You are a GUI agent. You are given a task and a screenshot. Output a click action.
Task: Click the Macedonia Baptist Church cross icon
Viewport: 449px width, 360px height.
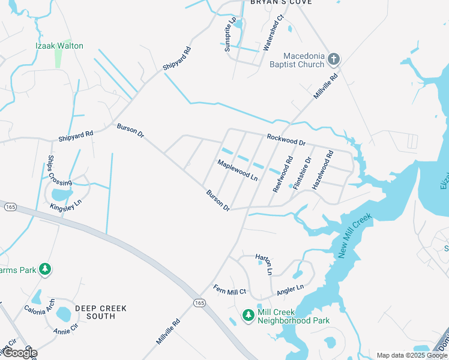334,59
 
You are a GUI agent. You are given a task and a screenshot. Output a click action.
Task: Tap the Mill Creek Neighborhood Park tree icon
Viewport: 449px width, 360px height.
249,315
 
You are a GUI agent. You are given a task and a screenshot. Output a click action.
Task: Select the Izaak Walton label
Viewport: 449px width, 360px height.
59,46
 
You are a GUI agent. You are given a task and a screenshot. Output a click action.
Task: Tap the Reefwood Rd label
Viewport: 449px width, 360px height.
283,174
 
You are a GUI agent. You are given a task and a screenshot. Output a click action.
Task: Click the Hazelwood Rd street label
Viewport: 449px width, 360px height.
322,171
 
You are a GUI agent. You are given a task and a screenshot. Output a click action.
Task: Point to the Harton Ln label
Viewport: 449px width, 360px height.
264,264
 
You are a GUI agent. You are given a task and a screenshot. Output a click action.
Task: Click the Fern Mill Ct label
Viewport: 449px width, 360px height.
230,292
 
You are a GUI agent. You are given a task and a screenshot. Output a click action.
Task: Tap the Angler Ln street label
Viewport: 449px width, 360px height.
290,290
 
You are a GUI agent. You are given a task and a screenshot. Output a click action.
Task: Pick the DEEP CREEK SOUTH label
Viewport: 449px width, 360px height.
101,312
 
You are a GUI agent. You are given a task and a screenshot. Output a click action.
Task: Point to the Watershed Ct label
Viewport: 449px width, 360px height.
274,35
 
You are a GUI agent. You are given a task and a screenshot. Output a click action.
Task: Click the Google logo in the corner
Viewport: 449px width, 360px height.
19,353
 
